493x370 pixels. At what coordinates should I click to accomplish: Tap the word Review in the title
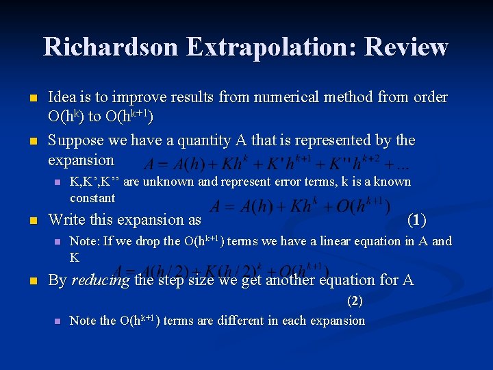pyautogui.click(x=407, y=47)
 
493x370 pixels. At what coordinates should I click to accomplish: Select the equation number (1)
pyautogui.click(x=416, y=220)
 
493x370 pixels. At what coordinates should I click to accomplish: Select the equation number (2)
pyautogui.click(x=355, y=300)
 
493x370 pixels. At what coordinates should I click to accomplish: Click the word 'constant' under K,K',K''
pyautogui.click(x=92, y=198)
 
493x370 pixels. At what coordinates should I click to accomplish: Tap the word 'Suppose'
pyautogui.click(x=76, y=140)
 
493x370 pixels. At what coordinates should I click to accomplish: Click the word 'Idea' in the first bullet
pyautogui.click(x=62, y=97)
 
